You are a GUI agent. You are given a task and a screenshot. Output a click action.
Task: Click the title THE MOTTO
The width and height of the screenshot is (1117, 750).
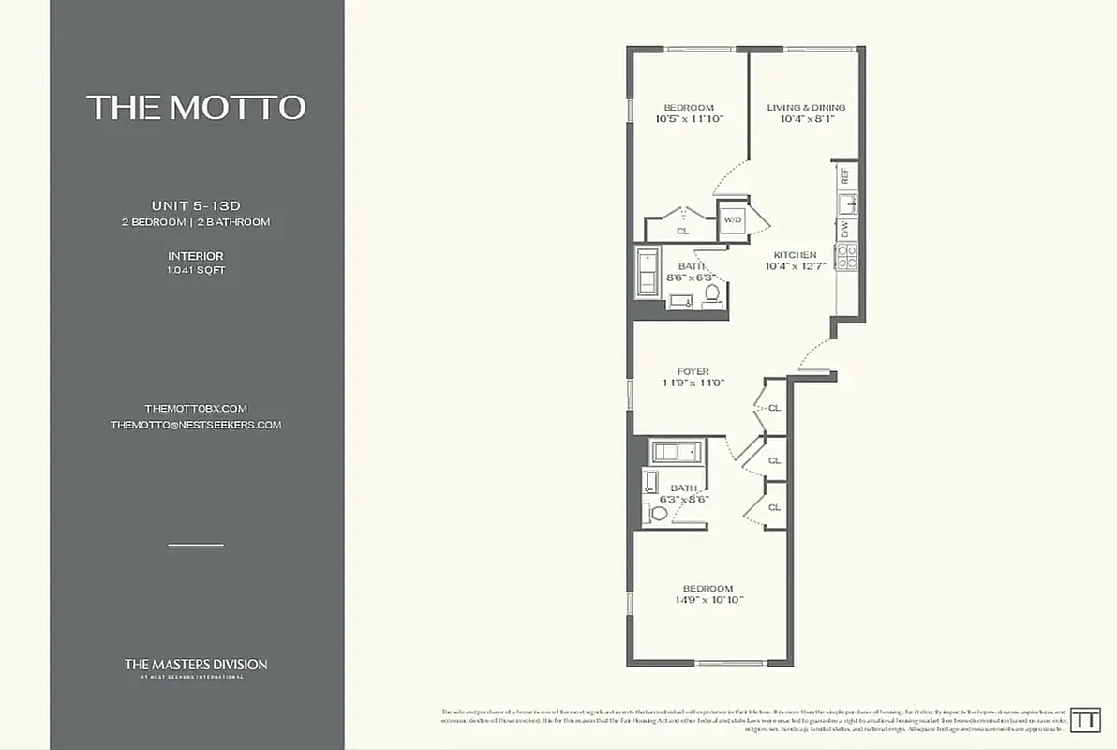tap(196, 107)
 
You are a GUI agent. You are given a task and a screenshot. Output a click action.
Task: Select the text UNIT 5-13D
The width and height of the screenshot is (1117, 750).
tap(197, 205)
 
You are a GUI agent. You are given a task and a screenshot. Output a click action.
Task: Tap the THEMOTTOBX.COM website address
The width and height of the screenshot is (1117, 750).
tap(195, 409)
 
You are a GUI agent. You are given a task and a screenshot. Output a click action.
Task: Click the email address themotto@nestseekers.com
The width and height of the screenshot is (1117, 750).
tap(195, 425)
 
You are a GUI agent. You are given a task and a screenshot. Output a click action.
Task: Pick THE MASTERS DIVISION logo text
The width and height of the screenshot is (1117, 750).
tap(196, 665)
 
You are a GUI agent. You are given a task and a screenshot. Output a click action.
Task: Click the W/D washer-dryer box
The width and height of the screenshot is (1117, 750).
tap(732, 220)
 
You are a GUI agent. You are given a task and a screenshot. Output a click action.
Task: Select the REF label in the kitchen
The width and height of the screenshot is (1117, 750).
tap(845, 174)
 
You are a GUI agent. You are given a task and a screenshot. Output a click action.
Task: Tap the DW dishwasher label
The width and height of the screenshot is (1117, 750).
tap(845, 228)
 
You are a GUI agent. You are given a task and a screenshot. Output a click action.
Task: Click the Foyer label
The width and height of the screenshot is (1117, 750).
tap(693, 371)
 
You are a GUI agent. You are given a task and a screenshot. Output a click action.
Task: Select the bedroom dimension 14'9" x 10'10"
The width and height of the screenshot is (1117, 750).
tap(709, 600)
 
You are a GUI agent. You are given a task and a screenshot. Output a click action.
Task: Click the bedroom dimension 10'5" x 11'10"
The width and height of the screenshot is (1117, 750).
tap(689, 119)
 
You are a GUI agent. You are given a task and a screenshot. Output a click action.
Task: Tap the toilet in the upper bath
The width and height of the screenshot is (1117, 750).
tap(711, 295)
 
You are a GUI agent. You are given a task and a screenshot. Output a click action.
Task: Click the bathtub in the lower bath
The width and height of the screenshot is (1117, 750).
tap(677, 453)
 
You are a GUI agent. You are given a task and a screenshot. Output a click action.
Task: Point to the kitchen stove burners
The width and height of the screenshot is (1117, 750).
tap(846, 256)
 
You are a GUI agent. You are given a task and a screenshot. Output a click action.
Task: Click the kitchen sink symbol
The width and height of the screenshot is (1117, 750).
tap(846, 202)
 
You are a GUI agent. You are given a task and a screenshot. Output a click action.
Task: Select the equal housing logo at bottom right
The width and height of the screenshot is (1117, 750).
tap(1085, 720)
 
